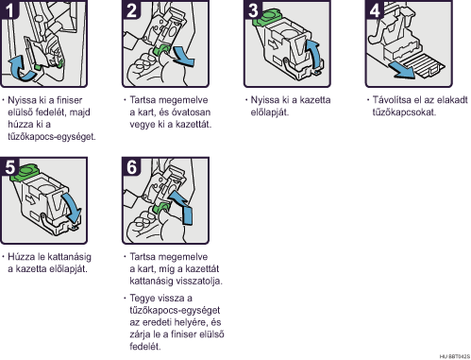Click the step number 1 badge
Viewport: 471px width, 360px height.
point(9,9)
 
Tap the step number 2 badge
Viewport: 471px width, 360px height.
point(131,9)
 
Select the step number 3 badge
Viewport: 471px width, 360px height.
point(253,9)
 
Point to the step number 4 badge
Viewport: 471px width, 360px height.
point(375,9)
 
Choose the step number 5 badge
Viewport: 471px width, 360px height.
point(9,166)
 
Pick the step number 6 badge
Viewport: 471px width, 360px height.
point(131,166)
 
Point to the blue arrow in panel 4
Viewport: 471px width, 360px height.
point(402,70)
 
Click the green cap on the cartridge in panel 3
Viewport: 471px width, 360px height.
point(266,17)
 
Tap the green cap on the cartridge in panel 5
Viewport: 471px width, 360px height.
point(24,173)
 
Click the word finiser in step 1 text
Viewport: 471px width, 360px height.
point(69,100)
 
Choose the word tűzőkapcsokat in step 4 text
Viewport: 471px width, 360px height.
point(404,112)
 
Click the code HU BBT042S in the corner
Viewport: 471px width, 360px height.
point(454,356)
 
